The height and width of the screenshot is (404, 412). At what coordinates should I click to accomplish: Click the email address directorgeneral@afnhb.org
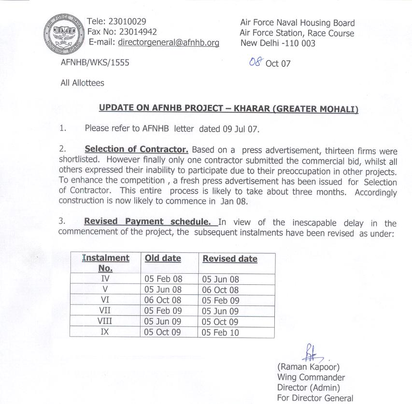click(168, 42)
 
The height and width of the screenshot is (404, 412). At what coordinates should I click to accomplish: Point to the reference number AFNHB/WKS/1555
click(95, 63)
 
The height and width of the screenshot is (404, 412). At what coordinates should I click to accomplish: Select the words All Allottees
click(82, 83)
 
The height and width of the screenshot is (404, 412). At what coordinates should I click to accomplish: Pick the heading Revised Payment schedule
click(148, 222)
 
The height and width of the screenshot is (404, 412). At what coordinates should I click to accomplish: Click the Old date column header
click(163, 258)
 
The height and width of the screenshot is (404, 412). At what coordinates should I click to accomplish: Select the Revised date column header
click(230, 259)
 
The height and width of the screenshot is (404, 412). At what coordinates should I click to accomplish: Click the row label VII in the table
click(105, 311)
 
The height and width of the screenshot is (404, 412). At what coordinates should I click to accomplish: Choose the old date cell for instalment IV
click(163, 279)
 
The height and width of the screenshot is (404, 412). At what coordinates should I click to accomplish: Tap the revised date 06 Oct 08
click(220, 290)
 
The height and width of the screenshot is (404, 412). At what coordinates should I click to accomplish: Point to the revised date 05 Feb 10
click(220, 333)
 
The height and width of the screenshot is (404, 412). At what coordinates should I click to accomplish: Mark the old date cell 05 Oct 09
click(163, 333)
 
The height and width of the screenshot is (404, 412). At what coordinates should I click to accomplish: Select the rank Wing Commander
click(311, 377)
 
